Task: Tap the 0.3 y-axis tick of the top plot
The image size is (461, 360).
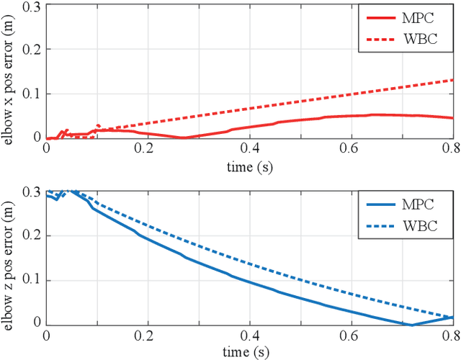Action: [x=32, y=7]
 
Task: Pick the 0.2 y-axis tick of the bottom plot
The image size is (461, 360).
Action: [x=32, y=235]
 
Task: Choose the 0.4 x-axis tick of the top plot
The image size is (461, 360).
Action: [x=249, y=150]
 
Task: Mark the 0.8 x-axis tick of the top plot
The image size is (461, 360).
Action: [x=452, y=150]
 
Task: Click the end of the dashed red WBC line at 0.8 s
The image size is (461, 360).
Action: [x=452, y=80]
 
